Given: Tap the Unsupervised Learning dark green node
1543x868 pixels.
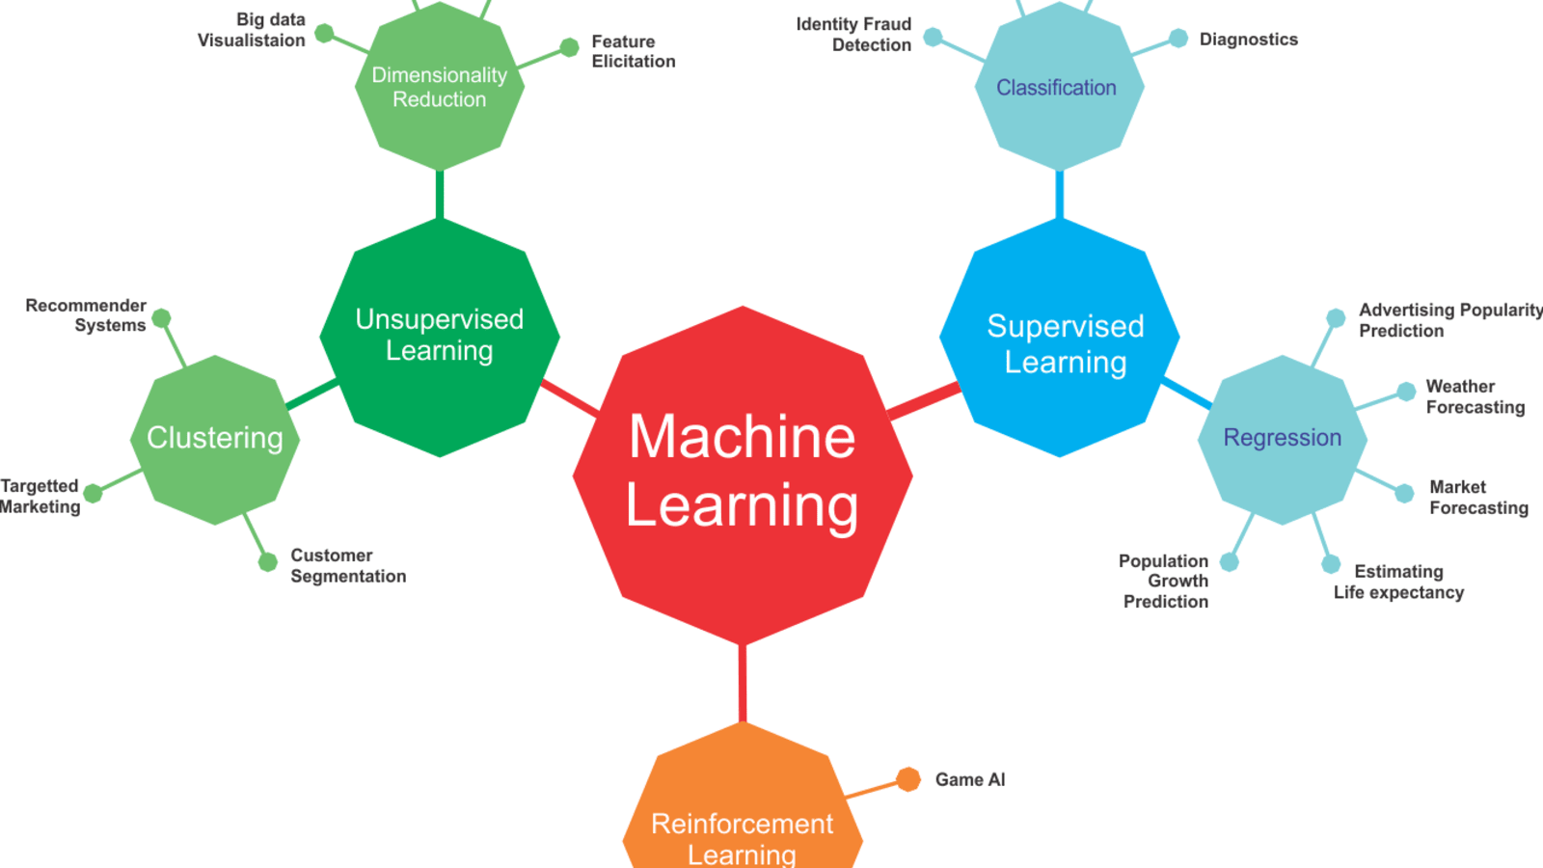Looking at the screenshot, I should [x=440, y=337].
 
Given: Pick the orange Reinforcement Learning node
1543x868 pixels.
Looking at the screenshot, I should [x=743, y=810].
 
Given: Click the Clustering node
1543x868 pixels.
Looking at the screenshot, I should [x=215, y=439].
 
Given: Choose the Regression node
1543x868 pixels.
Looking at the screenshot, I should [x=1282, y=439].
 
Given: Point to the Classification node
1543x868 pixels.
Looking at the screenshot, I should [x=1059, y=87].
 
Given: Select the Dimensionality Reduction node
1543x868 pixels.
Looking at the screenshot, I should [x=440, y=87].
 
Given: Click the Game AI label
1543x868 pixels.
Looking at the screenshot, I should [x=970, y=779].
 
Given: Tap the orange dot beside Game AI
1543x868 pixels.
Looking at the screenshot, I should [x=907, y=779].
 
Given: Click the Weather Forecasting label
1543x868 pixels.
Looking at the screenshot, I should [x=1475, y=396].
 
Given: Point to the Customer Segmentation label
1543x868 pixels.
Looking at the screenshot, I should [x=348, y=566].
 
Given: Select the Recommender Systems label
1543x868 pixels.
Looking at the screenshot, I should [x=87, y=315].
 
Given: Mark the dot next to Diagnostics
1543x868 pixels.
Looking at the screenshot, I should [x=1178, y=39].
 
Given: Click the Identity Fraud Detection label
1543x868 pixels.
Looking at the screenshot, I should [x=853, y=35].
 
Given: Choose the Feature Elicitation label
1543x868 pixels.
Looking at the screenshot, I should [x=633, y=51].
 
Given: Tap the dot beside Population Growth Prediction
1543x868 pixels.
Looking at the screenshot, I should [x=1230, y=561].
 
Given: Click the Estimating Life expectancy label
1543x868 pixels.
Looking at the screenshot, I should [x=1398, y=582].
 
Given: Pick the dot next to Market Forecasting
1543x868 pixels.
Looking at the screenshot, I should [x=1405, y=493].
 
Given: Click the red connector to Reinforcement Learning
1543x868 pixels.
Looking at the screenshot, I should [x=743, y=683].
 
